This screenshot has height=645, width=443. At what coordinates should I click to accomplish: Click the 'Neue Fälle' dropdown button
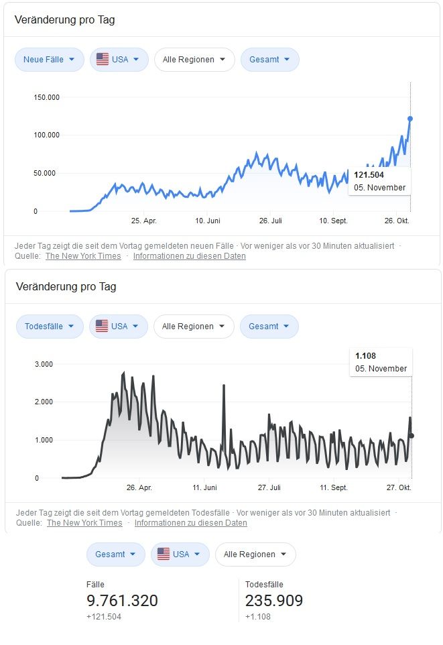coord(49,60)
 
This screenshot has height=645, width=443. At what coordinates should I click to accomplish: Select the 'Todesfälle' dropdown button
coord(50,327)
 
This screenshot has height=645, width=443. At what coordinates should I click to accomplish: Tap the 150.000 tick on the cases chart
coord(46,97)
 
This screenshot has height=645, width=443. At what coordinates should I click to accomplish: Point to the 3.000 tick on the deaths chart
coord(43,364)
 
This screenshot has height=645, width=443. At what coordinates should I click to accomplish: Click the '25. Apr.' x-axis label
coord(143,220)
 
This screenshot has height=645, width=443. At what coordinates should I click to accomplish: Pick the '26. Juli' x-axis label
coord(270,220)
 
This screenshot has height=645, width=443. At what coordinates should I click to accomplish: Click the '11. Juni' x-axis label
coord(205,487)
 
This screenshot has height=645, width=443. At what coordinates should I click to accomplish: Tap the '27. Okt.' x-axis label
coord(398,487)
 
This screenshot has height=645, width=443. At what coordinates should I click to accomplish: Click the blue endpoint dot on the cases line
coord(410,119)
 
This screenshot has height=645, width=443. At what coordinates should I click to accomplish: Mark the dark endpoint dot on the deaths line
coord(411,436)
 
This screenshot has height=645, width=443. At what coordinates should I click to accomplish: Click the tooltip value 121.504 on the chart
coord(369,175)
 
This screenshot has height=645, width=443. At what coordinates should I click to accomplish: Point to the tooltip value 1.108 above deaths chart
coord(366,356)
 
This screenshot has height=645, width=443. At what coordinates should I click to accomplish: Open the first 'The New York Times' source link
coord(83,255)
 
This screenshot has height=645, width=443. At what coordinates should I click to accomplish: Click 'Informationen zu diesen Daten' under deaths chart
coord(190,522)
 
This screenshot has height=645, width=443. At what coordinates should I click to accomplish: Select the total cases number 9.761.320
coord(122,601)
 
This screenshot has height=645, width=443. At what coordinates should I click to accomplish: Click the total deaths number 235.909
coord(274,601)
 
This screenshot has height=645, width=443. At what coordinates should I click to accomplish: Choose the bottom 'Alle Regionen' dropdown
coord(255,554)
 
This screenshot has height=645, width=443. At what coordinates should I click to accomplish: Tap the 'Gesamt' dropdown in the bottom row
coord(115,554)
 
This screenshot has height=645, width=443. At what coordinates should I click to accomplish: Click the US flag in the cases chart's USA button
coord(103,60)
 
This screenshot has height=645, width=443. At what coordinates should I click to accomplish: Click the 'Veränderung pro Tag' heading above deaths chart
coord(64,287)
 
